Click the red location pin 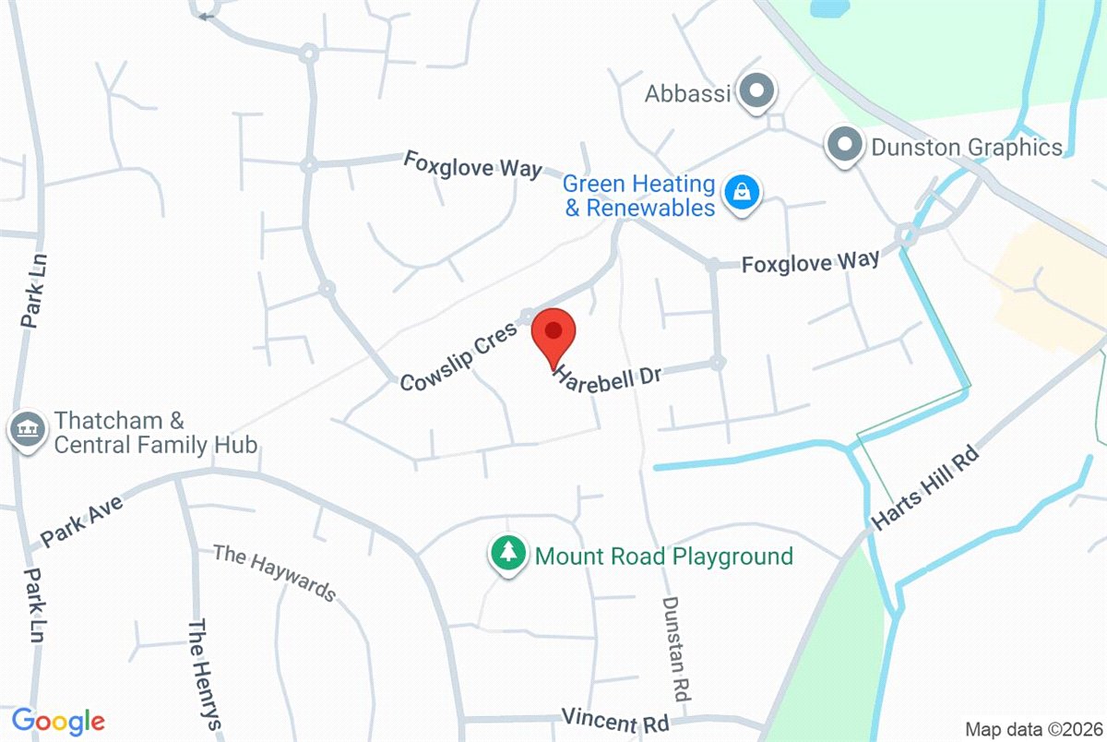click(553, 332)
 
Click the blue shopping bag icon click(740, 194)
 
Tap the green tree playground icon click(506, 555)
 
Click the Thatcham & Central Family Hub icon click(26, 429)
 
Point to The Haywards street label click(275, 572)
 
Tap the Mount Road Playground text click(663, 556)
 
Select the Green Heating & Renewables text click(639, 196)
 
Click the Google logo click(57, 720)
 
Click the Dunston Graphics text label click(967, 147)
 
